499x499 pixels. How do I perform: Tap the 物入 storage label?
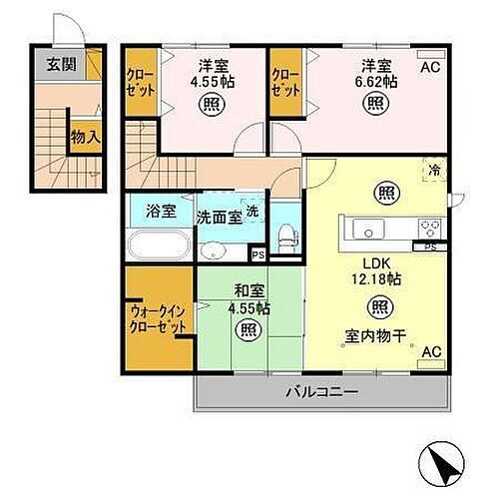[86, 137]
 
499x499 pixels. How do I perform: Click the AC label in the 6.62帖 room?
[429, 67]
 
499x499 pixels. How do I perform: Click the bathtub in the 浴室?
[158, 246]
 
